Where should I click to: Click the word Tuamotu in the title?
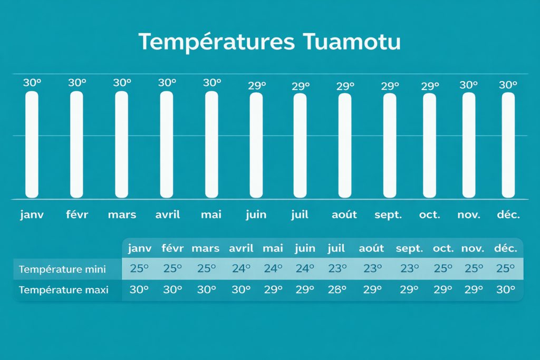coord(352,42)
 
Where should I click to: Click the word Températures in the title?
coord(217,42)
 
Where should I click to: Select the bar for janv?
coord(32,144)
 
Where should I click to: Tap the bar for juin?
coord(256,145)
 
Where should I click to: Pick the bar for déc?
coord(508,145)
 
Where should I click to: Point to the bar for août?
coord(345,145)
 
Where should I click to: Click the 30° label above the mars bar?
coord(122,83)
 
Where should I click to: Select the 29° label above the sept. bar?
coord(390,86)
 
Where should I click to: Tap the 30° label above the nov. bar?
coord(469,85)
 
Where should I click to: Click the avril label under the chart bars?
coord(167,215)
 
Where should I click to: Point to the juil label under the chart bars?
coord(300,215)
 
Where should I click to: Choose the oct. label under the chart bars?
coord(429,215)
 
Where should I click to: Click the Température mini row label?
coord(62,269)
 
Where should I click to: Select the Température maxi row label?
coord(64,290)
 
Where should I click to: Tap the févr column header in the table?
coord(172,248)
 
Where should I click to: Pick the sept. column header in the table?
coord(409,248)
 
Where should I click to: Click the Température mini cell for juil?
coord(337,268)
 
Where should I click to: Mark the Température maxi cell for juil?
coord(337,289)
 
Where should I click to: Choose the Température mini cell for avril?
coord(241,268)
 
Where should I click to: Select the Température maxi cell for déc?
coord(506,289)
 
